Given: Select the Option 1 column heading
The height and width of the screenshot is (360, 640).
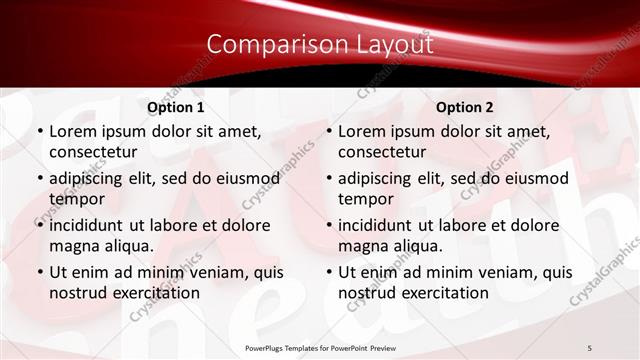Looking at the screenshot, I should coord(176,107).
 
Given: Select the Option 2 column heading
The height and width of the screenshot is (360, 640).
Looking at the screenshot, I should coord(465,107).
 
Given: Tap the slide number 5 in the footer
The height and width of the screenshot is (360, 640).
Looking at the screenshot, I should coord(590,347).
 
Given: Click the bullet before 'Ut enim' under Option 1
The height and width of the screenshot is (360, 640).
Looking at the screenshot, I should coord(39,272).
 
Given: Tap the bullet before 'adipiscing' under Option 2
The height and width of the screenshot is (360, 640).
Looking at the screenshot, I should coord(328,179).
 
